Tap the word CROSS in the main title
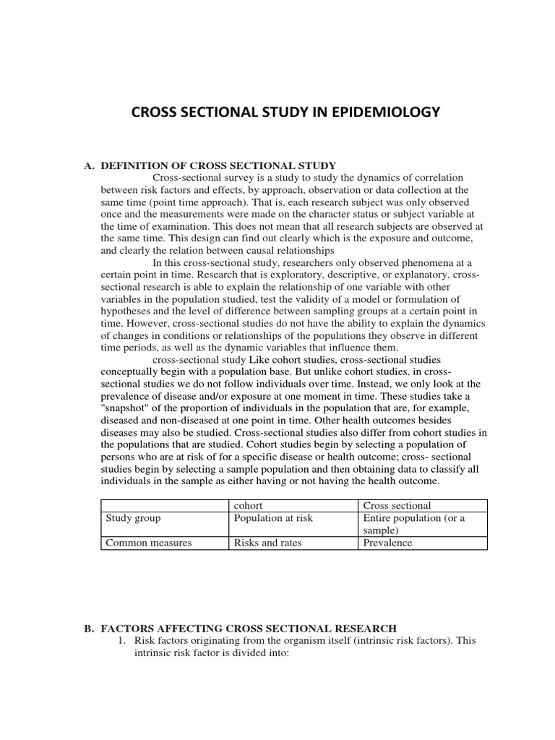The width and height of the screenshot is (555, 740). coord(153,113)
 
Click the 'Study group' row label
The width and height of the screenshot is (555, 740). coord(133,518)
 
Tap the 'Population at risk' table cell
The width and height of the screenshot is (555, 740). coord(273,518)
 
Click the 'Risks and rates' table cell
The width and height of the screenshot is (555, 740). coord(267,543)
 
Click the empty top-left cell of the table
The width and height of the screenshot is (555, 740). coord(165,506)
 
